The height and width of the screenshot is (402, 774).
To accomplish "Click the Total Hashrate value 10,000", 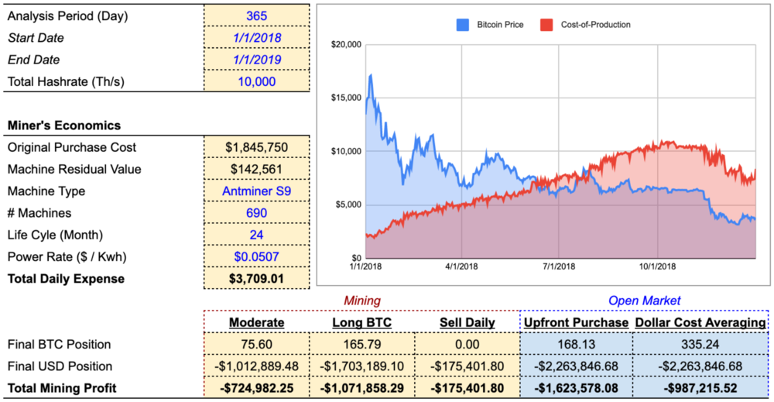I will [x=257, y=81].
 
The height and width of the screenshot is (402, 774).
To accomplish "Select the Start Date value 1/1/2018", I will [x=257, y=37].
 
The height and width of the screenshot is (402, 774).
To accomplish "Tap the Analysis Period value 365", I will [x=257, y=15].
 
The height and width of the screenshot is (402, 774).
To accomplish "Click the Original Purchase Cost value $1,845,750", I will [x=257, y=147].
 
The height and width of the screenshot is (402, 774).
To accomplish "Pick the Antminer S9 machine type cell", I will [x=257, y=191].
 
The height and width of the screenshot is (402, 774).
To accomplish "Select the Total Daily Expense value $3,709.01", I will [x=257, y=279].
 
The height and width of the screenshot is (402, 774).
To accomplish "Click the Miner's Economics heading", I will [x=63, y=125].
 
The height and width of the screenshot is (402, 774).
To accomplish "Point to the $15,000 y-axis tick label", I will [x=346, y=98].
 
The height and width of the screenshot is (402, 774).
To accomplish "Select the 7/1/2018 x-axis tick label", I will [x=559, y=266].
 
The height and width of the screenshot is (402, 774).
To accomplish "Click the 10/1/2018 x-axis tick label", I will [x=656, y=266].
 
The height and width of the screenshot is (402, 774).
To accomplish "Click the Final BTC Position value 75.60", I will [x=257, y=344].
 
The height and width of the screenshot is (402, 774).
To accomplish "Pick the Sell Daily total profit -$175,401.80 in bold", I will [x=467, y=388].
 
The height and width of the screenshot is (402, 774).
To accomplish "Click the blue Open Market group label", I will [x=645, y=301].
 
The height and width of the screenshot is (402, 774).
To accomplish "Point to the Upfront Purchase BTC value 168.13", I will [x=576, y=344].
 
